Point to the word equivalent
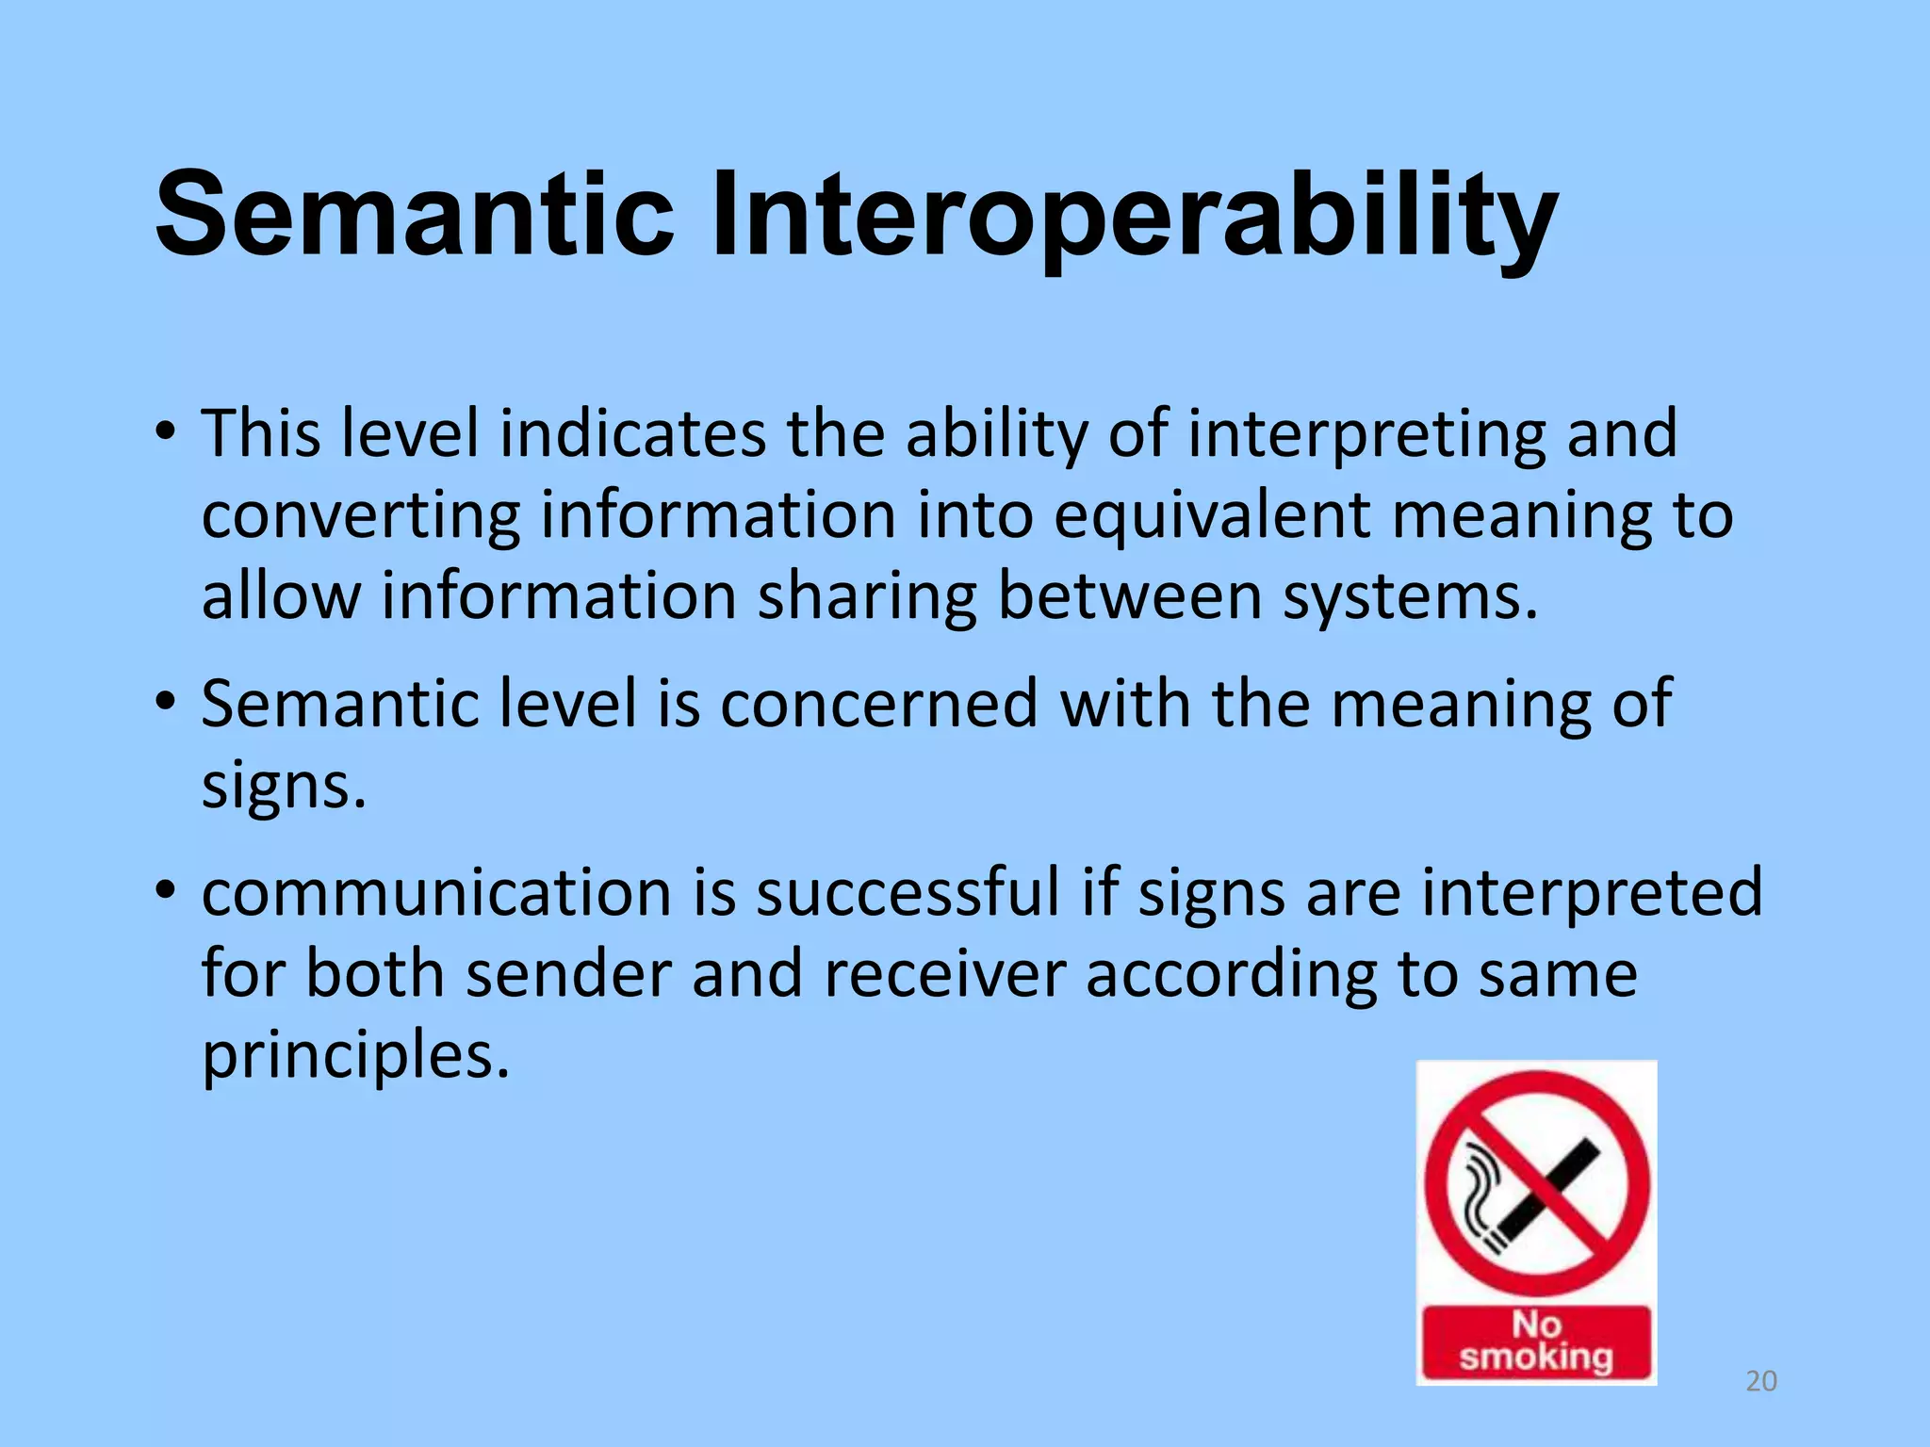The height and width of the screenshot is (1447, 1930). pos(1212,516)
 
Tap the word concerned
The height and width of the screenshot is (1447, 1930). pos(878,704)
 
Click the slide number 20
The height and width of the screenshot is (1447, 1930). pos(1761,1381)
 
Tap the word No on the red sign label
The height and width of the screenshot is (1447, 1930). pos(1537,1324)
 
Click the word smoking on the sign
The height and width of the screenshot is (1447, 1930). pos(1537,1358)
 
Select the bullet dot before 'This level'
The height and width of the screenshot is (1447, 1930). pos(166,434)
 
